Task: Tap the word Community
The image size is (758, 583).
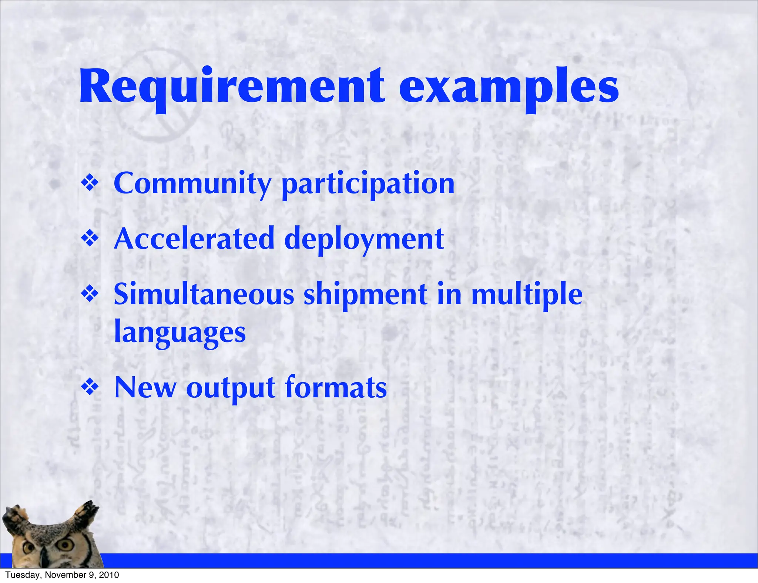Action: (x=192, y=184)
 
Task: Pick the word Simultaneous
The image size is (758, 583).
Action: (x=204, y=294)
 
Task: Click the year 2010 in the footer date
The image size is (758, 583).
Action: (x=110, y=575)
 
